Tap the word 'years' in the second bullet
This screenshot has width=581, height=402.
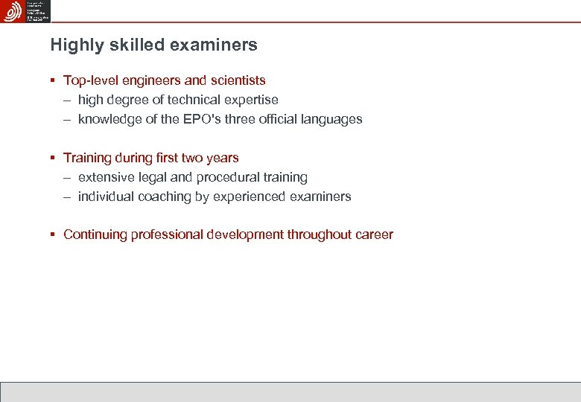(x=222, y=158)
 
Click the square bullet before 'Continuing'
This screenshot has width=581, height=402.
(x=53, y=235)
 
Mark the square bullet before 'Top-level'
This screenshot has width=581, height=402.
(x=53, y=80)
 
